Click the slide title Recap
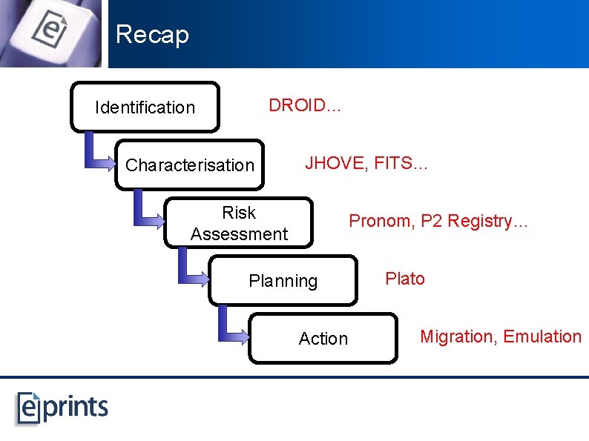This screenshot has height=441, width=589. (152, 35)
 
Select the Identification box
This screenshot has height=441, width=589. (145, 107)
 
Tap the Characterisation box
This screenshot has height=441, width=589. (190, 165)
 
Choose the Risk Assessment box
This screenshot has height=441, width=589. (239, 223)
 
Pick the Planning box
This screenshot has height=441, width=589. (283, 281)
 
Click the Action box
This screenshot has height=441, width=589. (323, 339)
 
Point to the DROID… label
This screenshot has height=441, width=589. (305, 105)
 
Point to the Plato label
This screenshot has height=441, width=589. (405, 279)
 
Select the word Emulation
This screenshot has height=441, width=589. (542, 336)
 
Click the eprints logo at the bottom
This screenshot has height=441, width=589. (63, 407)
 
